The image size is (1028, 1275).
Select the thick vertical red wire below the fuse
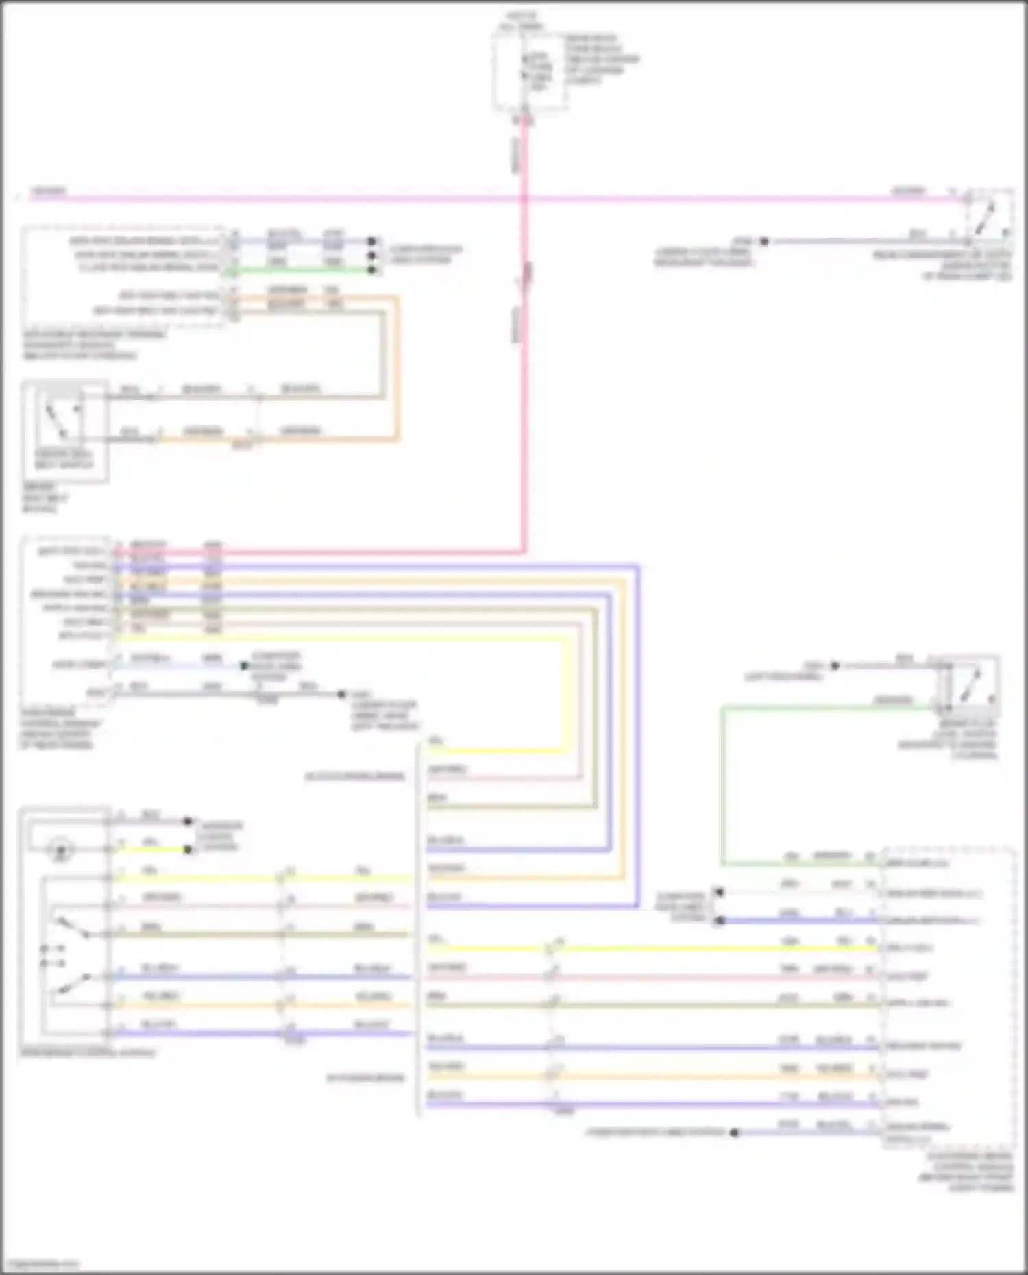524,411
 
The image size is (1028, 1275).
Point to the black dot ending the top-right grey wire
764,241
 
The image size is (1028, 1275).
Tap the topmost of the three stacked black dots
372,241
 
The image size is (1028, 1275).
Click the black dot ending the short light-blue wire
243,665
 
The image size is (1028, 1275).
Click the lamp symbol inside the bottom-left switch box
62,851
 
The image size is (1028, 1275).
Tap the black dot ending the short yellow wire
188,850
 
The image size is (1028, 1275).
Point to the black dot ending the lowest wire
734,1132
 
